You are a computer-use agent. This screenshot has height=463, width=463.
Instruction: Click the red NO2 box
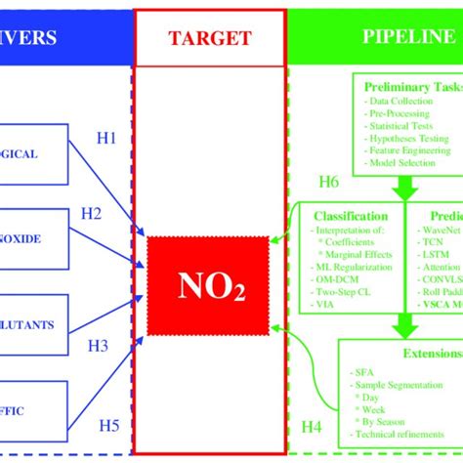pyautogui.click(x=208, y=284)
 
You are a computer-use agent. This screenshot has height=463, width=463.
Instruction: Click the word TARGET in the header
pyautogui.click(x=209, y=38)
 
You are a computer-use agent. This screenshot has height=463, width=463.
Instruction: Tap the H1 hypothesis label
pyautogui.click(x=106, y=139)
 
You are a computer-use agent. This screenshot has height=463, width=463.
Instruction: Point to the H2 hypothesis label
pyautogui.click(x=91, y=214)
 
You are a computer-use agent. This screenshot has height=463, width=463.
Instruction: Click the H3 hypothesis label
pyautogui.click(x=99, y=345)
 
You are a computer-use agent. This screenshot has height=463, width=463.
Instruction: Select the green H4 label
pyautogui.click(x=311, y=426)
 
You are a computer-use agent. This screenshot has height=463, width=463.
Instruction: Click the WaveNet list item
pyautogui.click(x=436, y=228)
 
